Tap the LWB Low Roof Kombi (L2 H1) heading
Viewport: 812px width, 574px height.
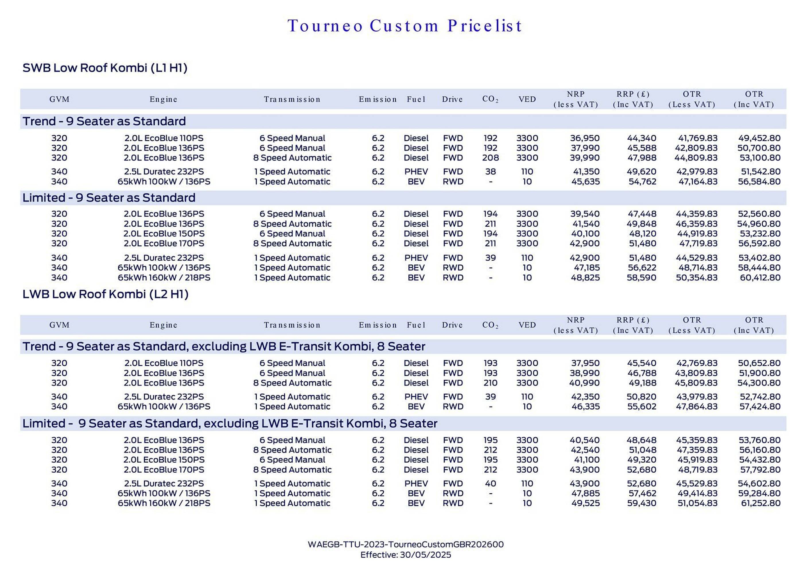coord(105,294)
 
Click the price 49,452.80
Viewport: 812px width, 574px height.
coord(759,138)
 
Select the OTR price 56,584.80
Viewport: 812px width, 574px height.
coord(759,182)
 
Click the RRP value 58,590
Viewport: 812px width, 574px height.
coord(641,278)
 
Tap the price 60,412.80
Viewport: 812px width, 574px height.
coord(760,278)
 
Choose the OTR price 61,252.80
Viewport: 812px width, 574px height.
coord(760,503)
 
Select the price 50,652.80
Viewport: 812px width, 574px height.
coord(759,363)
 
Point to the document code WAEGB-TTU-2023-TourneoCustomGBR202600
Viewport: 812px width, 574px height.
coord(406,544)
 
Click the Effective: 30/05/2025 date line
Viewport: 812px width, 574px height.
coord(406,555)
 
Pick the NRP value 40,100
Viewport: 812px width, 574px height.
coord(585,234)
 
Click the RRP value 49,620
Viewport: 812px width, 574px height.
coord(641,172)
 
